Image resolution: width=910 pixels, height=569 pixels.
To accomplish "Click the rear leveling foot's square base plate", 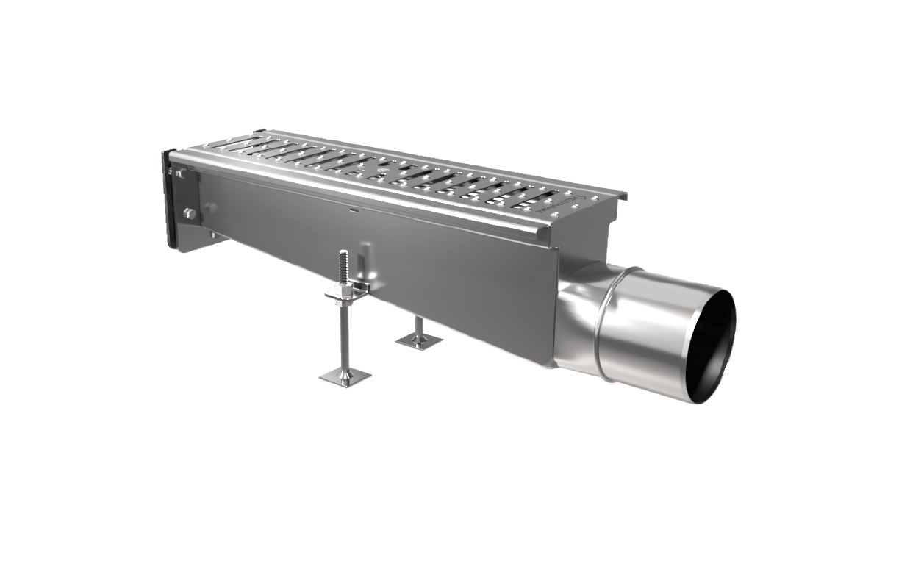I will pyautogui.click(x=419, y=340).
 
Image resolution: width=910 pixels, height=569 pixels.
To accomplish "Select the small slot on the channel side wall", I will pyautogui.click(x=354, y=210).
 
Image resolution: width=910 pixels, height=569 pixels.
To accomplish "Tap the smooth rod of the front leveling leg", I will pyautogui.click(x=344, y=338).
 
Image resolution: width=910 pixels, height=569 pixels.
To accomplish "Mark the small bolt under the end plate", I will pyautogui.click(x=213, y=235).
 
